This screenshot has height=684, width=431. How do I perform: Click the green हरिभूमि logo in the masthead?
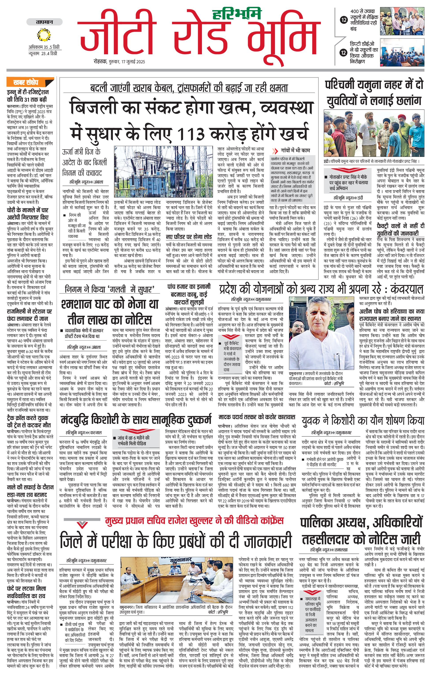coord(237,14)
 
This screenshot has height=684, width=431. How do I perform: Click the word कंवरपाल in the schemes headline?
coord(407,289)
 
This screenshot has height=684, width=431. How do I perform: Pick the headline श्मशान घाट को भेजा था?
coord(109,304)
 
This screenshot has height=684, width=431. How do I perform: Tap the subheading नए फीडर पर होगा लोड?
coord(189,236)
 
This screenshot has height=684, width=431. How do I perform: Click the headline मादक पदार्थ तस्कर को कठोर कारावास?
coord(257,417)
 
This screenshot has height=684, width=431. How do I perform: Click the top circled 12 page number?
coord(344,20)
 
